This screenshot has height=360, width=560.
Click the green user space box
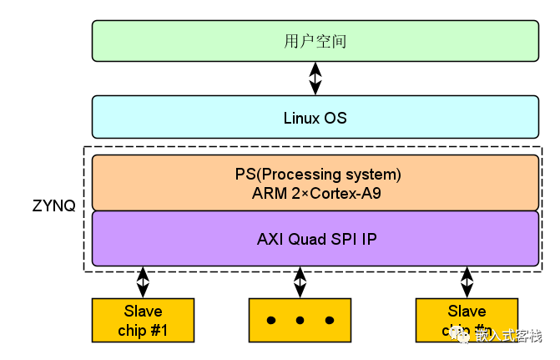(x=315, y=41)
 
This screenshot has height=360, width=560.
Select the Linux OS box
(x=315, y=117)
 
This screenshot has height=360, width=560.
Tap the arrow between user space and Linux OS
(x=315, y=79)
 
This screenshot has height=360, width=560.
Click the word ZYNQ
(x=54, y=205)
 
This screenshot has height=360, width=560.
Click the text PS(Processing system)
(x=318, y=175)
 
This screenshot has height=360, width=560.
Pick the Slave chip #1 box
(x=143, y=321)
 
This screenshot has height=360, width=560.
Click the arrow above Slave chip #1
(x=143, y=282)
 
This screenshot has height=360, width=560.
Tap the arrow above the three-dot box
(x=300, y=282)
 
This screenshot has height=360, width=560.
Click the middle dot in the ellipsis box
(x=300, y=321)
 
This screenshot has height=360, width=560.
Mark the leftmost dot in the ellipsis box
(x=270, y=321)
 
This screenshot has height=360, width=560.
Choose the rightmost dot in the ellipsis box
(x=329, y=321)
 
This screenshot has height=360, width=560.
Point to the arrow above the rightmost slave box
(x=466, y=282)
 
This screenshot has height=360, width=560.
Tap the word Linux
(x=300, y=118)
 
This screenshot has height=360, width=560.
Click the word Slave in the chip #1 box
(x=143, y=312)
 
